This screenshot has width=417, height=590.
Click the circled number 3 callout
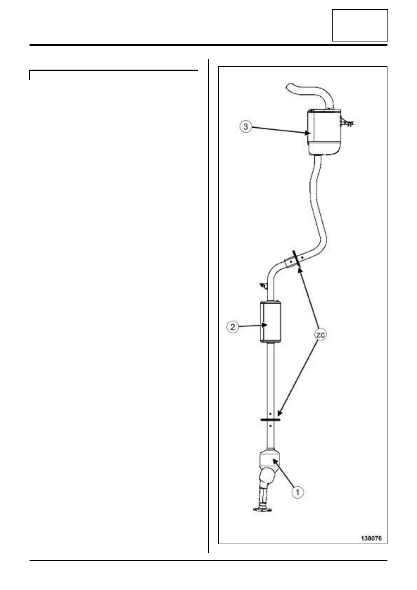(246, 127)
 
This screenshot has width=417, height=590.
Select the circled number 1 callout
(298, 492)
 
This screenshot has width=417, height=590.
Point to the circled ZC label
(320, 335)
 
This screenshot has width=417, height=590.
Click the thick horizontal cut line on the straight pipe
(270, 419)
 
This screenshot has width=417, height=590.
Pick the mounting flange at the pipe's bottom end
(262, 509)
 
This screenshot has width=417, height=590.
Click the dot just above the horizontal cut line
(270, 413)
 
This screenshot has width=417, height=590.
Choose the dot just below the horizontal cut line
(270, 425)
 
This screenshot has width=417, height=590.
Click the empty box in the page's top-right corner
(360, 25)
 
